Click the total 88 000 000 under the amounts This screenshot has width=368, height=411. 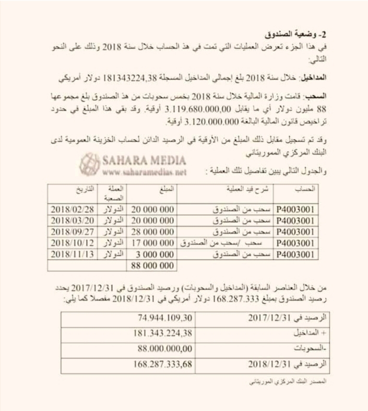pyautogui.click(x=151, y=266)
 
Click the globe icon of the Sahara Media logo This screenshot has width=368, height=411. pyautogui.click(x=89, y=164)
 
